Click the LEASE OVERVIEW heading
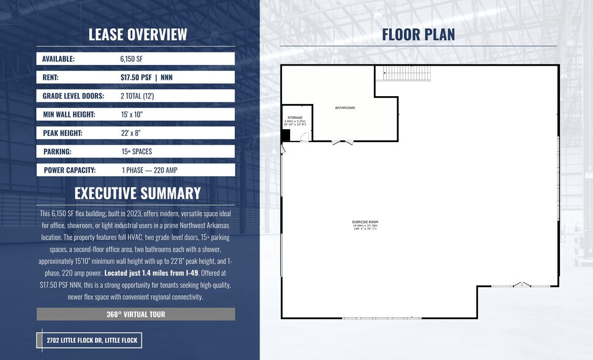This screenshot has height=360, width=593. click(138, 34)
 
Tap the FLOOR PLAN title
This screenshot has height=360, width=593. click(419, 34)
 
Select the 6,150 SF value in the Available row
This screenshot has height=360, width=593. click(133, 59)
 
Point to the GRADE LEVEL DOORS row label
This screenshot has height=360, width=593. click(73, 96)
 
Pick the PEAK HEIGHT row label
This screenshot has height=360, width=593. click(63, 133)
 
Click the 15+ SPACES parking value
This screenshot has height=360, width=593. click(136, 151)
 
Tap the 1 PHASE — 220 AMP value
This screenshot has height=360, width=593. click(150, 170)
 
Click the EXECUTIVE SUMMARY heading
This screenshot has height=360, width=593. click(138, 193)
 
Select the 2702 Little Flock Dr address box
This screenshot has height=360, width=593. click(89, 340)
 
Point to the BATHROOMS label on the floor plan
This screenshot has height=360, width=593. click(345, 108)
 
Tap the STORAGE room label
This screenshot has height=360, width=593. click(295, 118)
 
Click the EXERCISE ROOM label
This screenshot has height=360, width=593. click(364, 222)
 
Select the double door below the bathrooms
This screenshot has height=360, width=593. click(343, 142)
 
